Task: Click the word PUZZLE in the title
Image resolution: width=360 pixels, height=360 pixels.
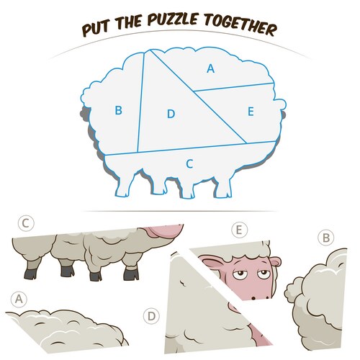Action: pos(173,19)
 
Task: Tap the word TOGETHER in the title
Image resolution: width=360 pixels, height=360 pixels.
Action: pos(240,25)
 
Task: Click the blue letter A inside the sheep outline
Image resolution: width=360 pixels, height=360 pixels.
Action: pos(210,68)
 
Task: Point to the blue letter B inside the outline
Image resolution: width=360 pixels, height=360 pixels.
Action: pos(118,110)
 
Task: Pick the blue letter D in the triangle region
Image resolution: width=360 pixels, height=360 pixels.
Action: pos(171,114)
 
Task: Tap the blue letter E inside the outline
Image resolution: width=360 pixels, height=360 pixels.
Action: pos(251,112)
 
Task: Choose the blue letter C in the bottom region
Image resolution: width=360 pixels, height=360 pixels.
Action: pos(189,164)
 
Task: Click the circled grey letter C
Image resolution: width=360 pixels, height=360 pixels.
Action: pos(26,223)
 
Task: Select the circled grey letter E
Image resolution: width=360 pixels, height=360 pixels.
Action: pos(239,230)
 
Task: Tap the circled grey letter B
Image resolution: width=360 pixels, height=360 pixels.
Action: pos(326,238)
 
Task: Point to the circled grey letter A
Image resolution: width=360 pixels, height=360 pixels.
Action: pos(19,300)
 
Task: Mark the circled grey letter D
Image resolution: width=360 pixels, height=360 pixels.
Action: pos(151,316)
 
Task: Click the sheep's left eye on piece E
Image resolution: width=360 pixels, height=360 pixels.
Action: pos(239,274)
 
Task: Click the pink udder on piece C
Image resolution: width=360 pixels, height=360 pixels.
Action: pos(166,232)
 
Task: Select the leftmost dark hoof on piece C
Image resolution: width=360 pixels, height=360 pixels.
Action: pos(30,274)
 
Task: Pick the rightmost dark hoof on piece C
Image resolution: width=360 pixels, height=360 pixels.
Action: pos(131,275)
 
